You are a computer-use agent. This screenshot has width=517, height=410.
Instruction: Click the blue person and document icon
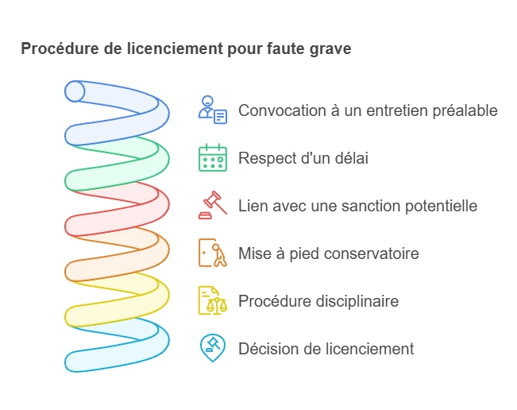[x=213, y=110]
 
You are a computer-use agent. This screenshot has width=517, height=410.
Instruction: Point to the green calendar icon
[x=213, y=157]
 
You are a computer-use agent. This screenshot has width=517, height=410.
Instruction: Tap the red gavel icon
[x=213, y=205]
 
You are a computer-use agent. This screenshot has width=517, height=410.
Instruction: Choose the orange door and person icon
[x=213, y=253]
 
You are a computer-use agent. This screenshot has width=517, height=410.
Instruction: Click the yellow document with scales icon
[x=213, y=300]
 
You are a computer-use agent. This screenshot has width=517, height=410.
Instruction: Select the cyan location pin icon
[x=213, y=348]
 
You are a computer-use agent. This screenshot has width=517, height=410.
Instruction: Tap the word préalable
[x=465, y=111]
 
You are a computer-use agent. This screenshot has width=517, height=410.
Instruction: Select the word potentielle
[x=442, y=206]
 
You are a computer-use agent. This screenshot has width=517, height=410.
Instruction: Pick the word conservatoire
[x=372, y=253]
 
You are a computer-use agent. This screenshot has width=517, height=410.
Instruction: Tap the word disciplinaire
[x=357, y=301]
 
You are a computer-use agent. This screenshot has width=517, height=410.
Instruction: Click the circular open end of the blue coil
[x=75, y=91]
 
